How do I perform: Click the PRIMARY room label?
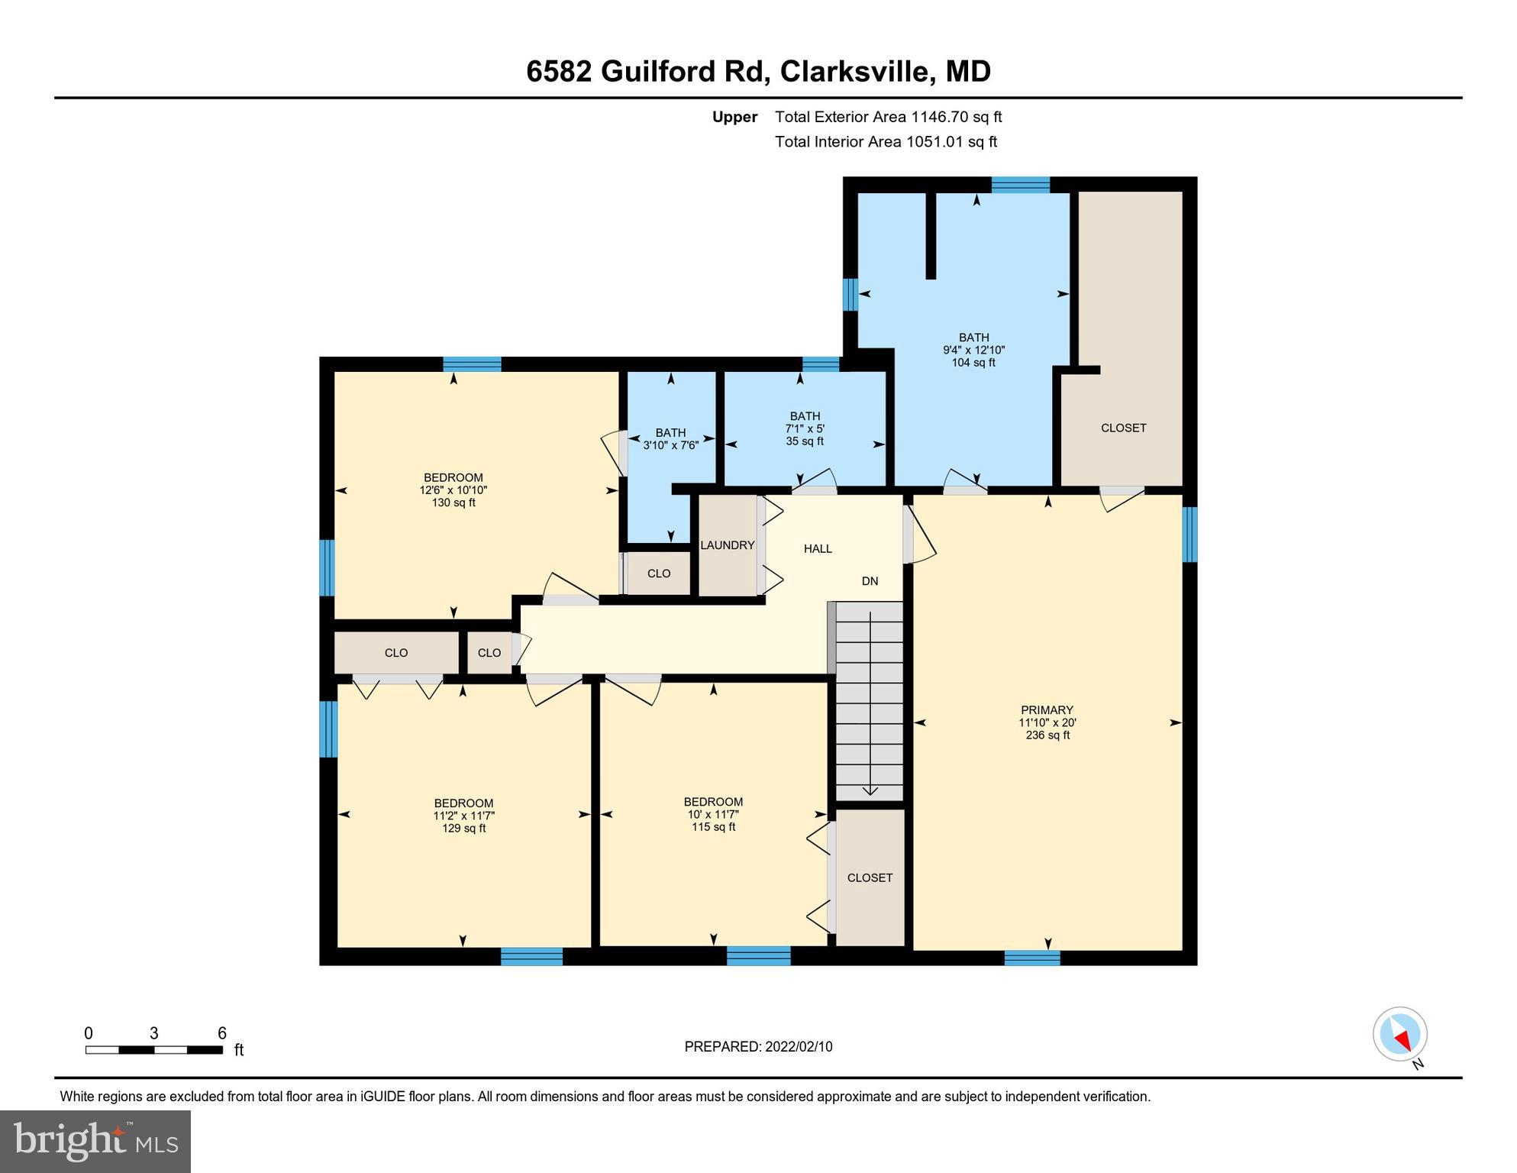pyautogui.click(x=1047, y=709)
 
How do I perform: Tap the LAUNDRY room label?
pyautogui.click(x=727, y=545)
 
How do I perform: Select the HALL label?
pyautogui.click(x=818, y=548)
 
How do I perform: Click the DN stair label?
pyautogui.click(x=870, y=581)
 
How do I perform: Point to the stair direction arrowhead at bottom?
pyautogui.click(x=870, y=791)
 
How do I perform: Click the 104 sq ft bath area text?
pyautogui.click(x=973, y=363)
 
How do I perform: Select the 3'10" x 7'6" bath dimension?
pyautogui.click(x=670, y=445)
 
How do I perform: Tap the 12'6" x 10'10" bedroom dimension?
pyautogui.click(x=453, y=490)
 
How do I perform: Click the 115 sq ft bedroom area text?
pyautogui.click(x=713, y=827)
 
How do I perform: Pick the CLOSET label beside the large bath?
pyautogui.click(x=1123, y=428)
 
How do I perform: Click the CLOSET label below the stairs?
pyautogui.click(x=870, y=877)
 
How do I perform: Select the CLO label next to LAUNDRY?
pyautogui.click(x=659, y=574)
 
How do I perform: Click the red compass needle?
pyautogui.click(x=1403, y=1039)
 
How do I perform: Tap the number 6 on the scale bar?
pyautogui.click(x=222, y=1033)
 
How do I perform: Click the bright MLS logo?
pyautogui.click(x=95, y=1141)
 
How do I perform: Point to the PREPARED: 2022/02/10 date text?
pyautogui.click(x=758, y=1047)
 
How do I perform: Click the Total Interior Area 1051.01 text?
pyautogui.click(x=886, y=141)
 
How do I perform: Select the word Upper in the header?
pyautogui.click(x=734, y=117)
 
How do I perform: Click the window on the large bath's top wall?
pyautogui.click(x=1020, y=184)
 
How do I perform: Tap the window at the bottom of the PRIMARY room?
pyautogui.click(x=1031, y=958)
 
